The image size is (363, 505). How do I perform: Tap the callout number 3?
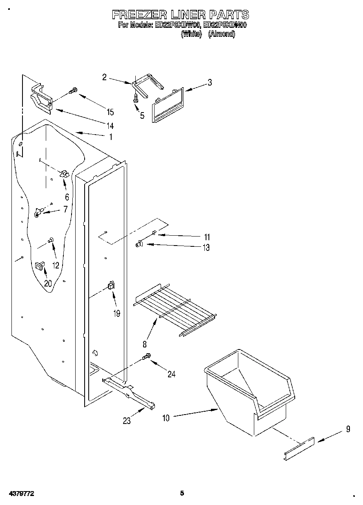pos(209,82)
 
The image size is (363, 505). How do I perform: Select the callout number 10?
pos(166,418)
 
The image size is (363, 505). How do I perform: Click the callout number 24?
pos(171,374)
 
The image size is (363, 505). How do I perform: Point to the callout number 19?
pos(117,313)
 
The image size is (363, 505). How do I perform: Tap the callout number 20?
pos(48,284)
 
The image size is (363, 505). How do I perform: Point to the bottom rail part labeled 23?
pos(130,392)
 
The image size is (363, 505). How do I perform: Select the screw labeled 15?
pos(73,91)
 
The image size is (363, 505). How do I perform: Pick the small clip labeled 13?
pos(139,244)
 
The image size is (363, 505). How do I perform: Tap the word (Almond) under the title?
pos(222,34)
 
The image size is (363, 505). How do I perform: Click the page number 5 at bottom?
pos(182,493)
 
